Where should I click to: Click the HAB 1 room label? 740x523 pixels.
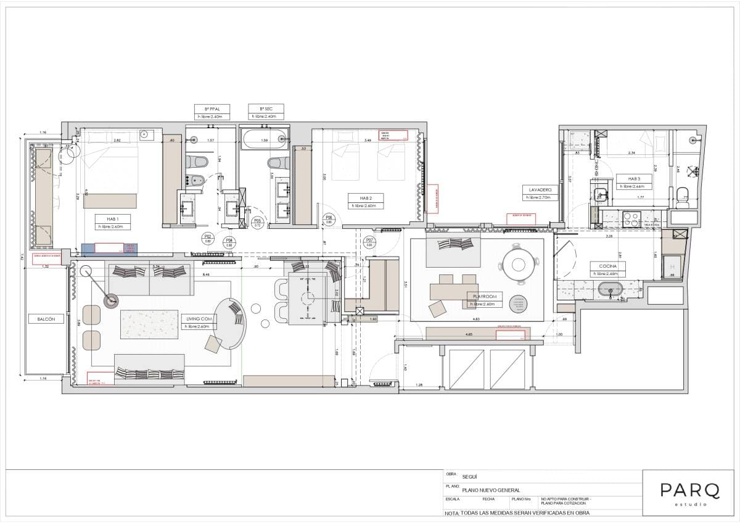(x=112, y=218)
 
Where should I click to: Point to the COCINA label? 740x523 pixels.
(x=607, y=266)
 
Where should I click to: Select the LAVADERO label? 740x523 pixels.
(x=539, y=189)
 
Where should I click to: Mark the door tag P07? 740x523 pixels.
(x=369, y=241)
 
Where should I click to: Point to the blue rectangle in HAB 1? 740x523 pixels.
(x=109, y=248)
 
